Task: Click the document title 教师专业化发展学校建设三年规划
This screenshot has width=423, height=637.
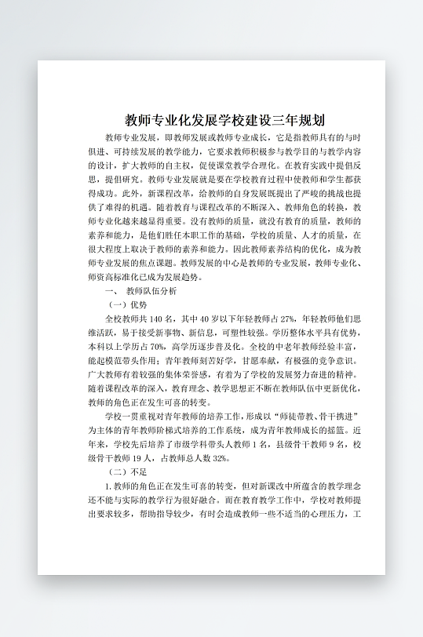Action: pos(225,121)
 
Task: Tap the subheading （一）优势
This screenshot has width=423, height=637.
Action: pos(128,304)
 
